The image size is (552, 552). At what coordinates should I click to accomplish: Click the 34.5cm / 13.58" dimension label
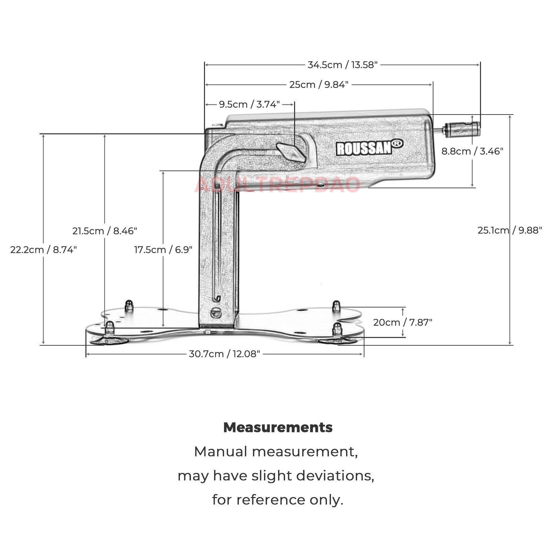pyautogui.click(x=342, y=65)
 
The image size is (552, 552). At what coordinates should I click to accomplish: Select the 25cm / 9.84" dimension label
pyautogui.click(x=319, y=84)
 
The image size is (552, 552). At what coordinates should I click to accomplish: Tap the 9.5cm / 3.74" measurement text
pyautogui.click(x=249, y=104)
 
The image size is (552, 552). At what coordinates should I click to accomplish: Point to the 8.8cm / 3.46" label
pyautogui.click(x=472, y=151)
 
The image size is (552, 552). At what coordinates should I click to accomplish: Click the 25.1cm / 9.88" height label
pyautogui.click(x=509, y=230)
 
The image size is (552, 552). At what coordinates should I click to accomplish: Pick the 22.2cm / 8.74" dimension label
pyautogui.click(x=44, y=250)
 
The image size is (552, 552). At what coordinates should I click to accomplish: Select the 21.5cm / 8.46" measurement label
pyautogui.click(x=105, y=231)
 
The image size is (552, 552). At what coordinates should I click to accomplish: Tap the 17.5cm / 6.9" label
pyautogui.click(x=163, y=250)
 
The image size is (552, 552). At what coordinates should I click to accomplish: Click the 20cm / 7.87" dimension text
pyautogui.click(x=403, y=322)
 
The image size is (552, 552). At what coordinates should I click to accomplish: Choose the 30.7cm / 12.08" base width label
pyautogui.click(x=224, y=354)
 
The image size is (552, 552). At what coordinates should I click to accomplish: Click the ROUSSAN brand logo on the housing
pyautogui.click(x=364, y=148)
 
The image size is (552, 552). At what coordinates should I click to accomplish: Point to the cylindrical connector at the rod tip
pyautogui.click(x=462, y=129)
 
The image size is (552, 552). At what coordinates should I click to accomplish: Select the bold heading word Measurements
pyautogui.click(x=278, y=427)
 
